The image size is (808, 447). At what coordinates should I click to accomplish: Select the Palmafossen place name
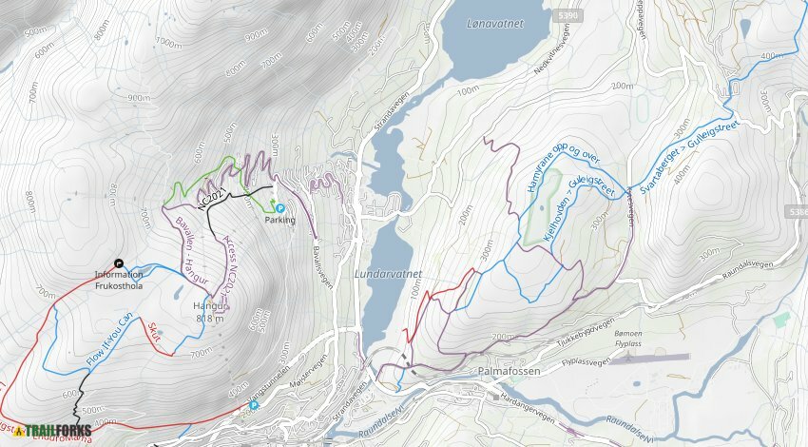pyautogui.click(x=510, y=371)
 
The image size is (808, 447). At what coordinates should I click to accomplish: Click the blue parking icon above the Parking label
pyautogui.click(x=279, y=207)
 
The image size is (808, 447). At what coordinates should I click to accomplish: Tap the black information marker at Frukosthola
pyautogui.click(x=119, y=263)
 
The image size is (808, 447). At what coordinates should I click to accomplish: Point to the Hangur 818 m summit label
pyautogui.click(x=208, y=312)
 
